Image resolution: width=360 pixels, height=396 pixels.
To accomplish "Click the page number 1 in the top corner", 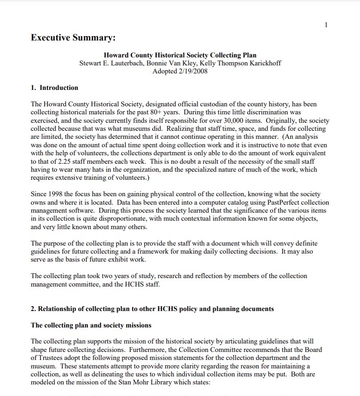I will point(326,25).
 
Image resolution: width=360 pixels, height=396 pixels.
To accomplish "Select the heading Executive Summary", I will point(73,38).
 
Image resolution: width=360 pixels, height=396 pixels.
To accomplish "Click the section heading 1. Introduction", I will point(54,88).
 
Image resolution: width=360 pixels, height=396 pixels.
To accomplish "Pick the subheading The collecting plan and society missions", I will point(91,325).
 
